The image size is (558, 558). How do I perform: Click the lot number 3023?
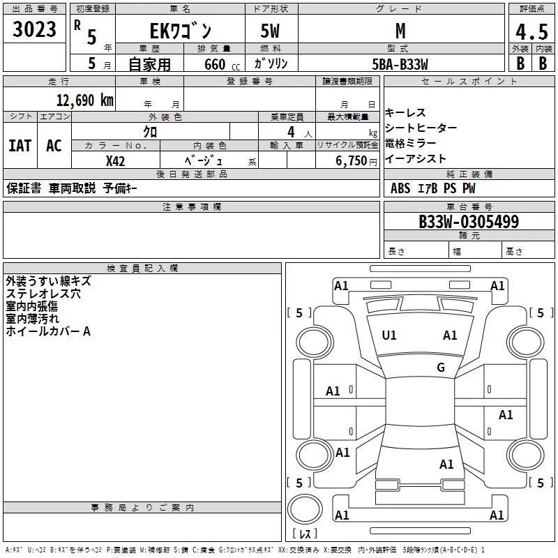[x=35, y=30]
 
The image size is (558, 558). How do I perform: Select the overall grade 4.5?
[x=531, y=32]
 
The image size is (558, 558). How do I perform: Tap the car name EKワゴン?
[x=180, y=31]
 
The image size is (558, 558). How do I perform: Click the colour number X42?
[x=115, y=160]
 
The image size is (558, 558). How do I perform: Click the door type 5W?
[x=271, y=31]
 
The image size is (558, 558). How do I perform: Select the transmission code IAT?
[x=20, y=145]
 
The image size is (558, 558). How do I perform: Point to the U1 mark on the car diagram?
[x=389, y=335]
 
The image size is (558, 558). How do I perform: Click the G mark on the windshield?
[x=440, y=368]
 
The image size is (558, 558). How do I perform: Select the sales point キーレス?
[x=405, y=112]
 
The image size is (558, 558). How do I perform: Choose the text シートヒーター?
[x=421, y=128]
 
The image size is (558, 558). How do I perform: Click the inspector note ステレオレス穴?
[x=43, y=294]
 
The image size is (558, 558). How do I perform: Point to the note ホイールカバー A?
[x=48, y=331]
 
